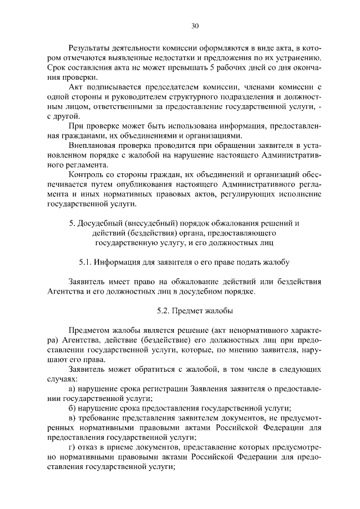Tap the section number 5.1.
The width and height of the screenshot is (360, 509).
point(85,262)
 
